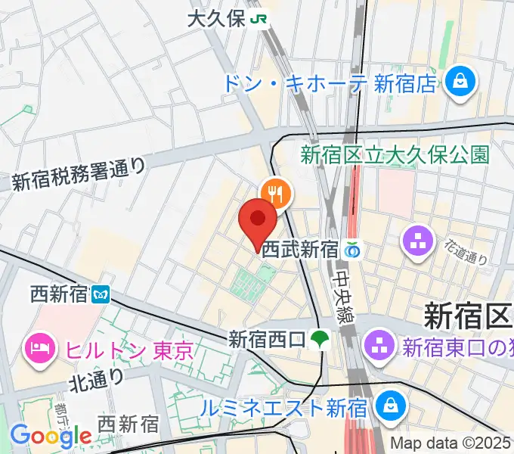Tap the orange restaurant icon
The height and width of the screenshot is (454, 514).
pyautogui.click(x=274, y=193)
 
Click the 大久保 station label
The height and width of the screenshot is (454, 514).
pyautogui.click(x=216, y=19)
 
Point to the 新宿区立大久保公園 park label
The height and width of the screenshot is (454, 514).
pyautogui.click(x=395, y=155)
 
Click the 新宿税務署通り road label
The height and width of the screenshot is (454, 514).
pyautogui.click(x=79, y=175)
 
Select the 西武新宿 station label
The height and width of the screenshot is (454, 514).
pyautogui.click(x=299, y=250)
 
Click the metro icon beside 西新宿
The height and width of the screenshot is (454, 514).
pyautogui.click(x=100, y=293)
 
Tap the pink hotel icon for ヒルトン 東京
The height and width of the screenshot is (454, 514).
pyautogui.click(x=38, y=349)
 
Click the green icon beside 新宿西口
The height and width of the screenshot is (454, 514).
pyautogui.click(x=320, y=338)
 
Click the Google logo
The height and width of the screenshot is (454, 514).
pyautogui.click(x=51, y=436)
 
